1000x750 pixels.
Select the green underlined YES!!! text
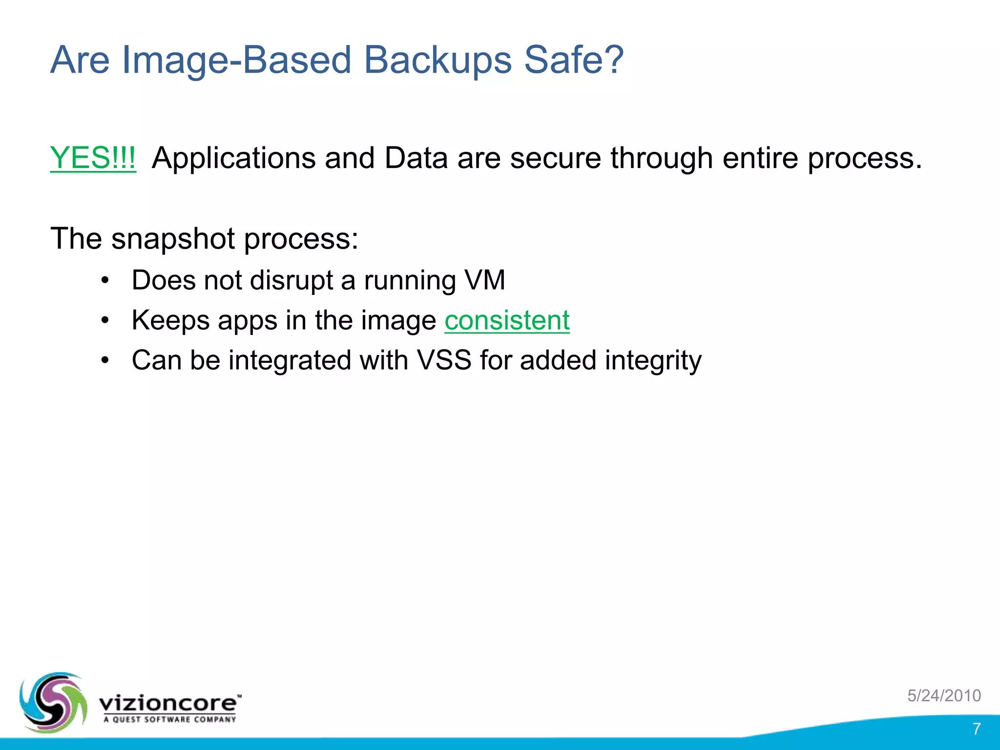coord(93,158)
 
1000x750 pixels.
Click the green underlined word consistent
coord(507,321)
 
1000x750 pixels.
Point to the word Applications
coord(233,158)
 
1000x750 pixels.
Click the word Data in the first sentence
coord(416,158)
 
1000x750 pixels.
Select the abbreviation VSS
coord(444,360)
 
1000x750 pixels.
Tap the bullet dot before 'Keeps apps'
coord(104,321)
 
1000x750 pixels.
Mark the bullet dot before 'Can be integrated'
coord(104,361)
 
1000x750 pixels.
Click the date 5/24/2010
coord(944,695)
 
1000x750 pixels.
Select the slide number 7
coord(976,729)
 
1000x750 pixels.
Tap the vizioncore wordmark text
coord(168,703)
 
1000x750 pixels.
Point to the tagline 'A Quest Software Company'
coord(169,719)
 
